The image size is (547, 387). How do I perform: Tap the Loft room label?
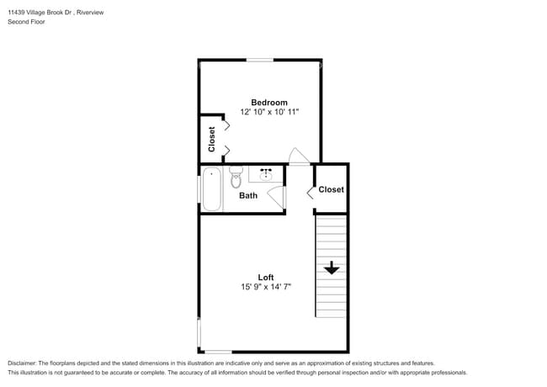click(266, 277)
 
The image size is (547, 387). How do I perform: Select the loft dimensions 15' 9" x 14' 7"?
click(266, 287)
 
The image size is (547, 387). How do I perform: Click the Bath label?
click(248, 196)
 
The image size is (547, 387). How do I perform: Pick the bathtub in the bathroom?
click(211, 190)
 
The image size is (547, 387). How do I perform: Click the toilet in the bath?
click(236, 178)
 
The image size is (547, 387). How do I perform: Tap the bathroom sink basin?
click(267, 175)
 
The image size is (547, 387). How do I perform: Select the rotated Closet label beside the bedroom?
click(212, 139)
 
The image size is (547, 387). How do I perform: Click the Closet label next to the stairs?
click(332, 189)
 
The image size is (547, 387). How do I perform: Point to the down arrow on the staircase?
click(332, 268)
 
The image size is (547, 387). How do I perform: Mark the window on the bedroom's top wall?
click(260, 60)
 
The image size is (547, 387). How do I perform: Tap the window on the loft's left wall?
click(199, 335)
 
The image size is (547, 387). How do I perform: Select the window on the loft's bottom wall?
click(218, 352)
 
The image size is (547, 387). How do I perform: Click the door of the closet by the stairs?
click(311, 193)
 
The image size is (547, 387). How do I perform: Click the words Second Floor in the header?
click(26, 22)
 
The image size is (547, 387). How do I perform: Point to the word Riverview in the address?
click(93, 13)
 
